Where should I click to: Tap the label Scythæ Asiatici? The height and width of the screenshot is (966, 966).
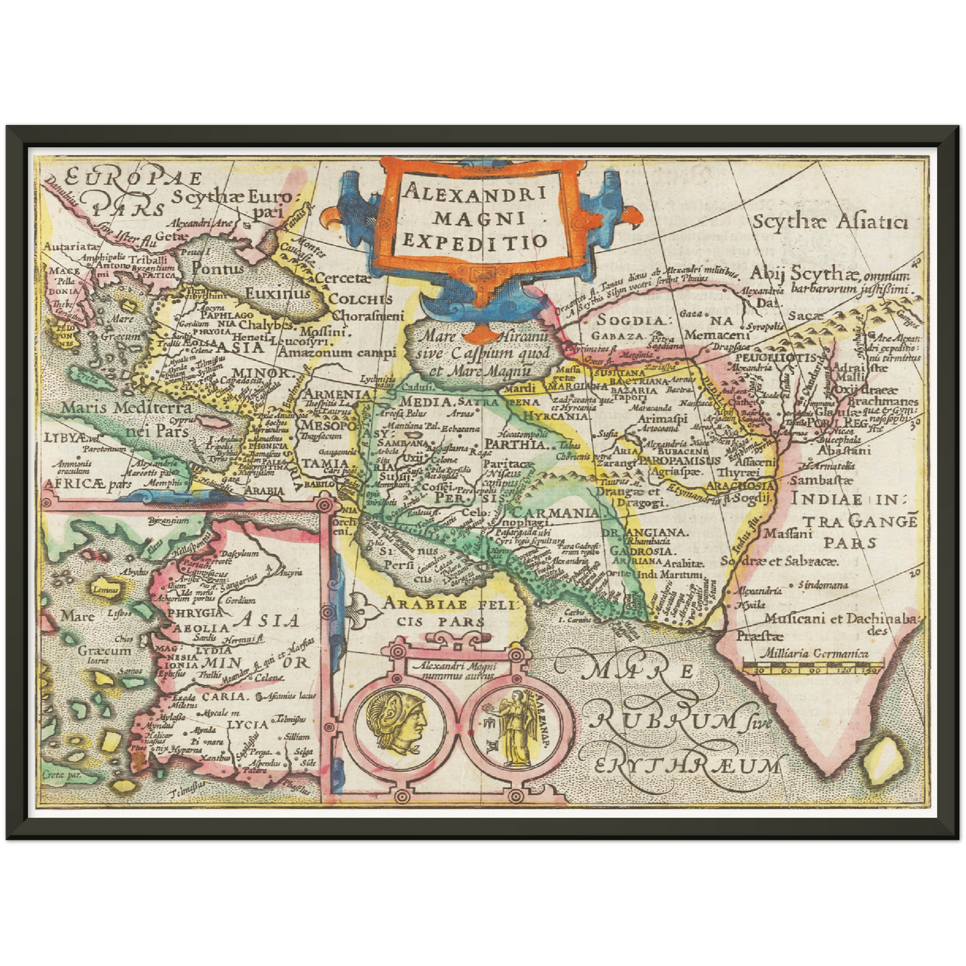[830, 222]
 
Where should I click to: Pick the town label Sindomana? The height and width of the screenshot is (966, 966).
[826, 585]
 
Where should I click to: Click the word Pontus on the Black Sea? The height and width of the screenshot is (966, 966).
[218, 269]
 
